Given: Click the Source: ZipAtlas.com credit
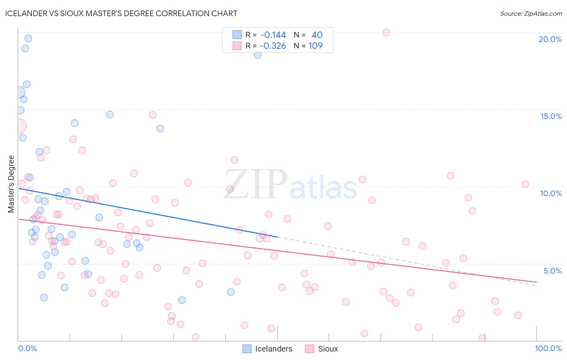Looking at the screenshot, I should pyautogui.click(x=531, y=13).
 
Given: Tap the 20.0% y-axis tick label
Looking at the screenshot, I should pyautogui.click(x=550, y=39).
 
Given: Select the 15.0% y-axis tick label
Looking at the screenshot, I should pyautogui.click(x=551, y=116).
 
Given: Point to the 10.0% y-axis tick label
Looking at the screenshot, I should pyautogui.click(x=551, y=193).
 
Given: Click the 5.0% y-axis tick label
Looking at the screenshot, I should pyautogui.click(x=552, y=271).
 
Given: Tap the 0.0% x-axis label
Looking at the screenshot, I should pyautogui.click(x=27, y=348).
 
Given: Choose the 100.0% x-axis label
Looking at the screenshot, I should pyautogui.click(x=548, y=348).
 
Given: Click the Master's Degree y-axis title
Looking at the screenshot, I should pyautogui.click(x=11, y=184).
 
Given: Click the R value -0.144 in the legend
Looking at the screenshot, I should pyautogui.click(x=273, y=35).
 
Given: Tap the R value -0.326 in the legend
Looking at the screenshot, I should pyautogui.click(x=273, y=46).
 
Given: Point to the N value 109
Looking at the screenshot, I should pyautogui.click(x=315, y=46).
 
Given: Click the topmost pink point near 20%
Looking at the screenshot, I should pyautogui.click(x=386, y=32).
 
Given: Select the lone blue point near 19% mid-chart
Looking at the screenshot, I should pyautogui.click(x=257, y=55).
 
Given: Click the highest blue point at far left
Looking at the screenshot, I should pyautogui.click(x=28, y=38).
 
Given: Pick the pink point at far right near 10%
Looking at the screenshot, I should pyautogui.click(x=525, y=184).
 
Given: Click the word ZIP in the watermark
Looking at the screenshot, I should pyautogui.click(x=256, y=184).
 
